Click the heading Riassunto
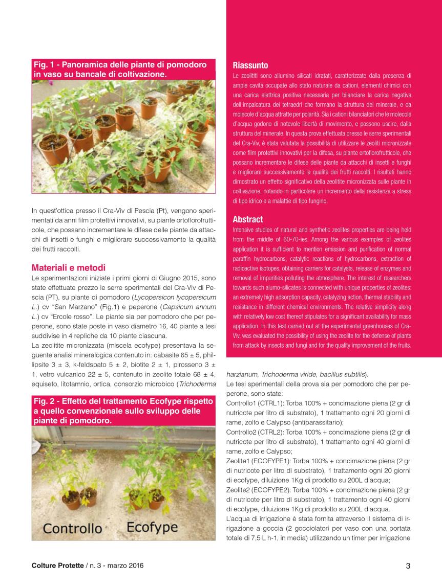250,65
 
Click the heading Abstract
248,219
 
